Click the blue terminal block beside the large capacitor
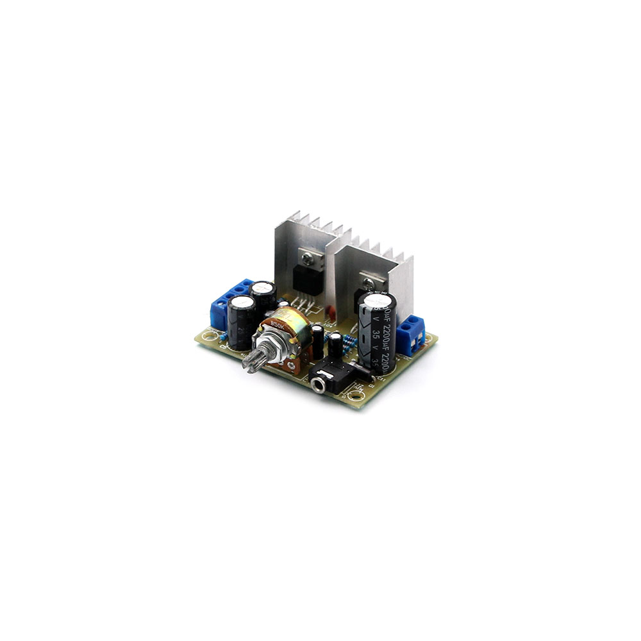point(410,335)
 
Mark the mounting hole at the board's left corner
point(210,334)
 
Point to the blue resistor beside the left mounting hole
point(222,336)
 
